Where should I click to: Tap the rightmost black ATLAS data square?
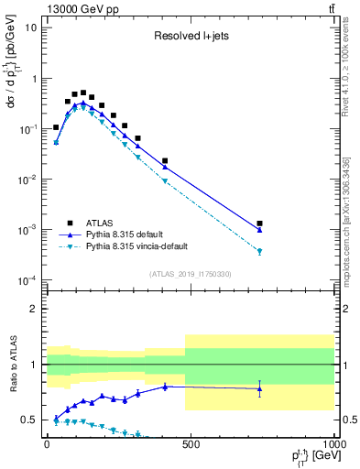pos(260,224)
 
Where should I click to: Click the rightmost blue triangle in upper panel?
pos(260,230)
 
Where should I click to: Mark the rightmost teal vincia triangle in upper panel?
pos(260,252)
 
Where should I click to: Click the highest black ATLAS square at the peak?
pos(83,93)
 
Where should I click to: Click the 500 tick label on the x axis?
pos(191,444)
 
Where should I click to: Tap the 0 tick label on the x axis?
pos(47,444)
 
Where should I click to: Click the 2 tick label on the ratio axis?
pos(34,309)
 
